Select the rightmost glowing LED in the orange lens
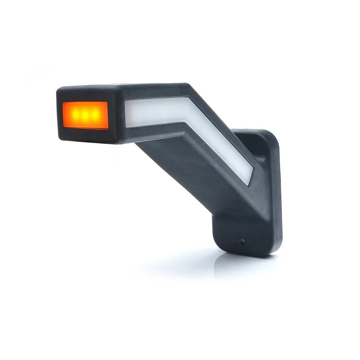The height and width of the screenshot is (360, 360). [x=95, y=114]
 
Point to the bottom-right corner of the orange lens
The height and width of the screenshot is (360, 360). [x=107, y=128]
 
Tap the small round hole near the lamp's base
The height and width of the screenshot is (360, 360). [x=242, y=241]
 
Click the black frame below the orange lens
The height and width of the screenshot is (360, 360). [x=86, y=135]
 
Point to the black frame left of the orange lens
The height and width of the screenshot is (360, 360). [x=59, y=115]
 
